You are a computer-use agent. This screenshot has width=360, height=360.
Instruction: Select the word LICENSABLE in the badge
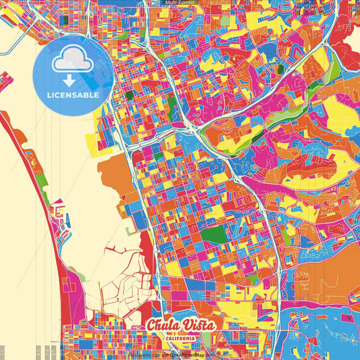[x=73, y=95]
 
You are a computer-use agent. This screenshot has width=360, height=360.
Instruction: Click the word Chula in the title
[x=164, y=325]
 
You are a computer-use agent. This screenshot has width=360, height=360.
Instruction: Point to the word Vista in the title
[x=199, y=325]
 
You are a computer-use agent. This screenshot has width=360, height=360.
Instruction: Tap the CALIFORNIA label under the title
[x=180, y=337]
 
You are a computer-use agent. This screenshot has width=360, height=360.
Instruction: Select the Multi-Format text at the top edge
[x=180, y=3]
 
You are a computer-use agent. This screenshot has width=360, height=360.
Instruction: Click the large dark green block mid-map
[x=215, y=235]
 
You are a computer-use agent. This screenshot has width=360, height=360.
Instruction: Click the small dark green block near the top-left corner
[x=64, y=20]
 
